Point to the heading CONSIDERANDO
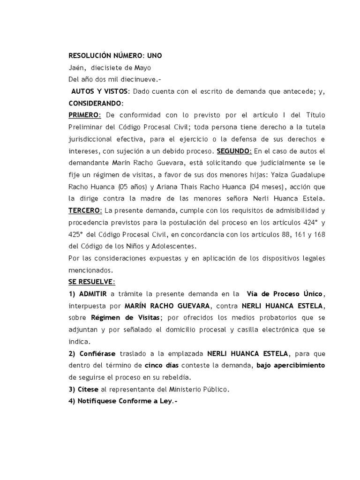pyautogui.click(x=96, y=103)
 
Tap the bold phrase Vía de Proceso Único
pyautogui.click(x=288, y=294)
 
